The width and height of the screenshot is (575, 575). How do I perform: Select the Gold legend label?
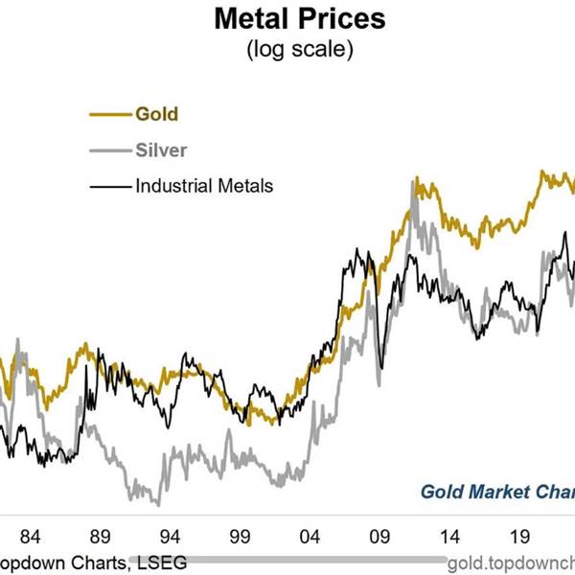coord(156,114)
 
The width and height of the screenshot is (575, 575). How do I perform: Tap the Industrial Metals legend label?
coord(203,185)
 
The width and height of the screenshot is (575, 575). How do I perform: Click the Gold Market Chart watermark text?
coord(498,492)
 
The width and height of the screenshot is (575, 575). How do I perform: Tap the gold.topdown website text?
coord(512,562)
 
